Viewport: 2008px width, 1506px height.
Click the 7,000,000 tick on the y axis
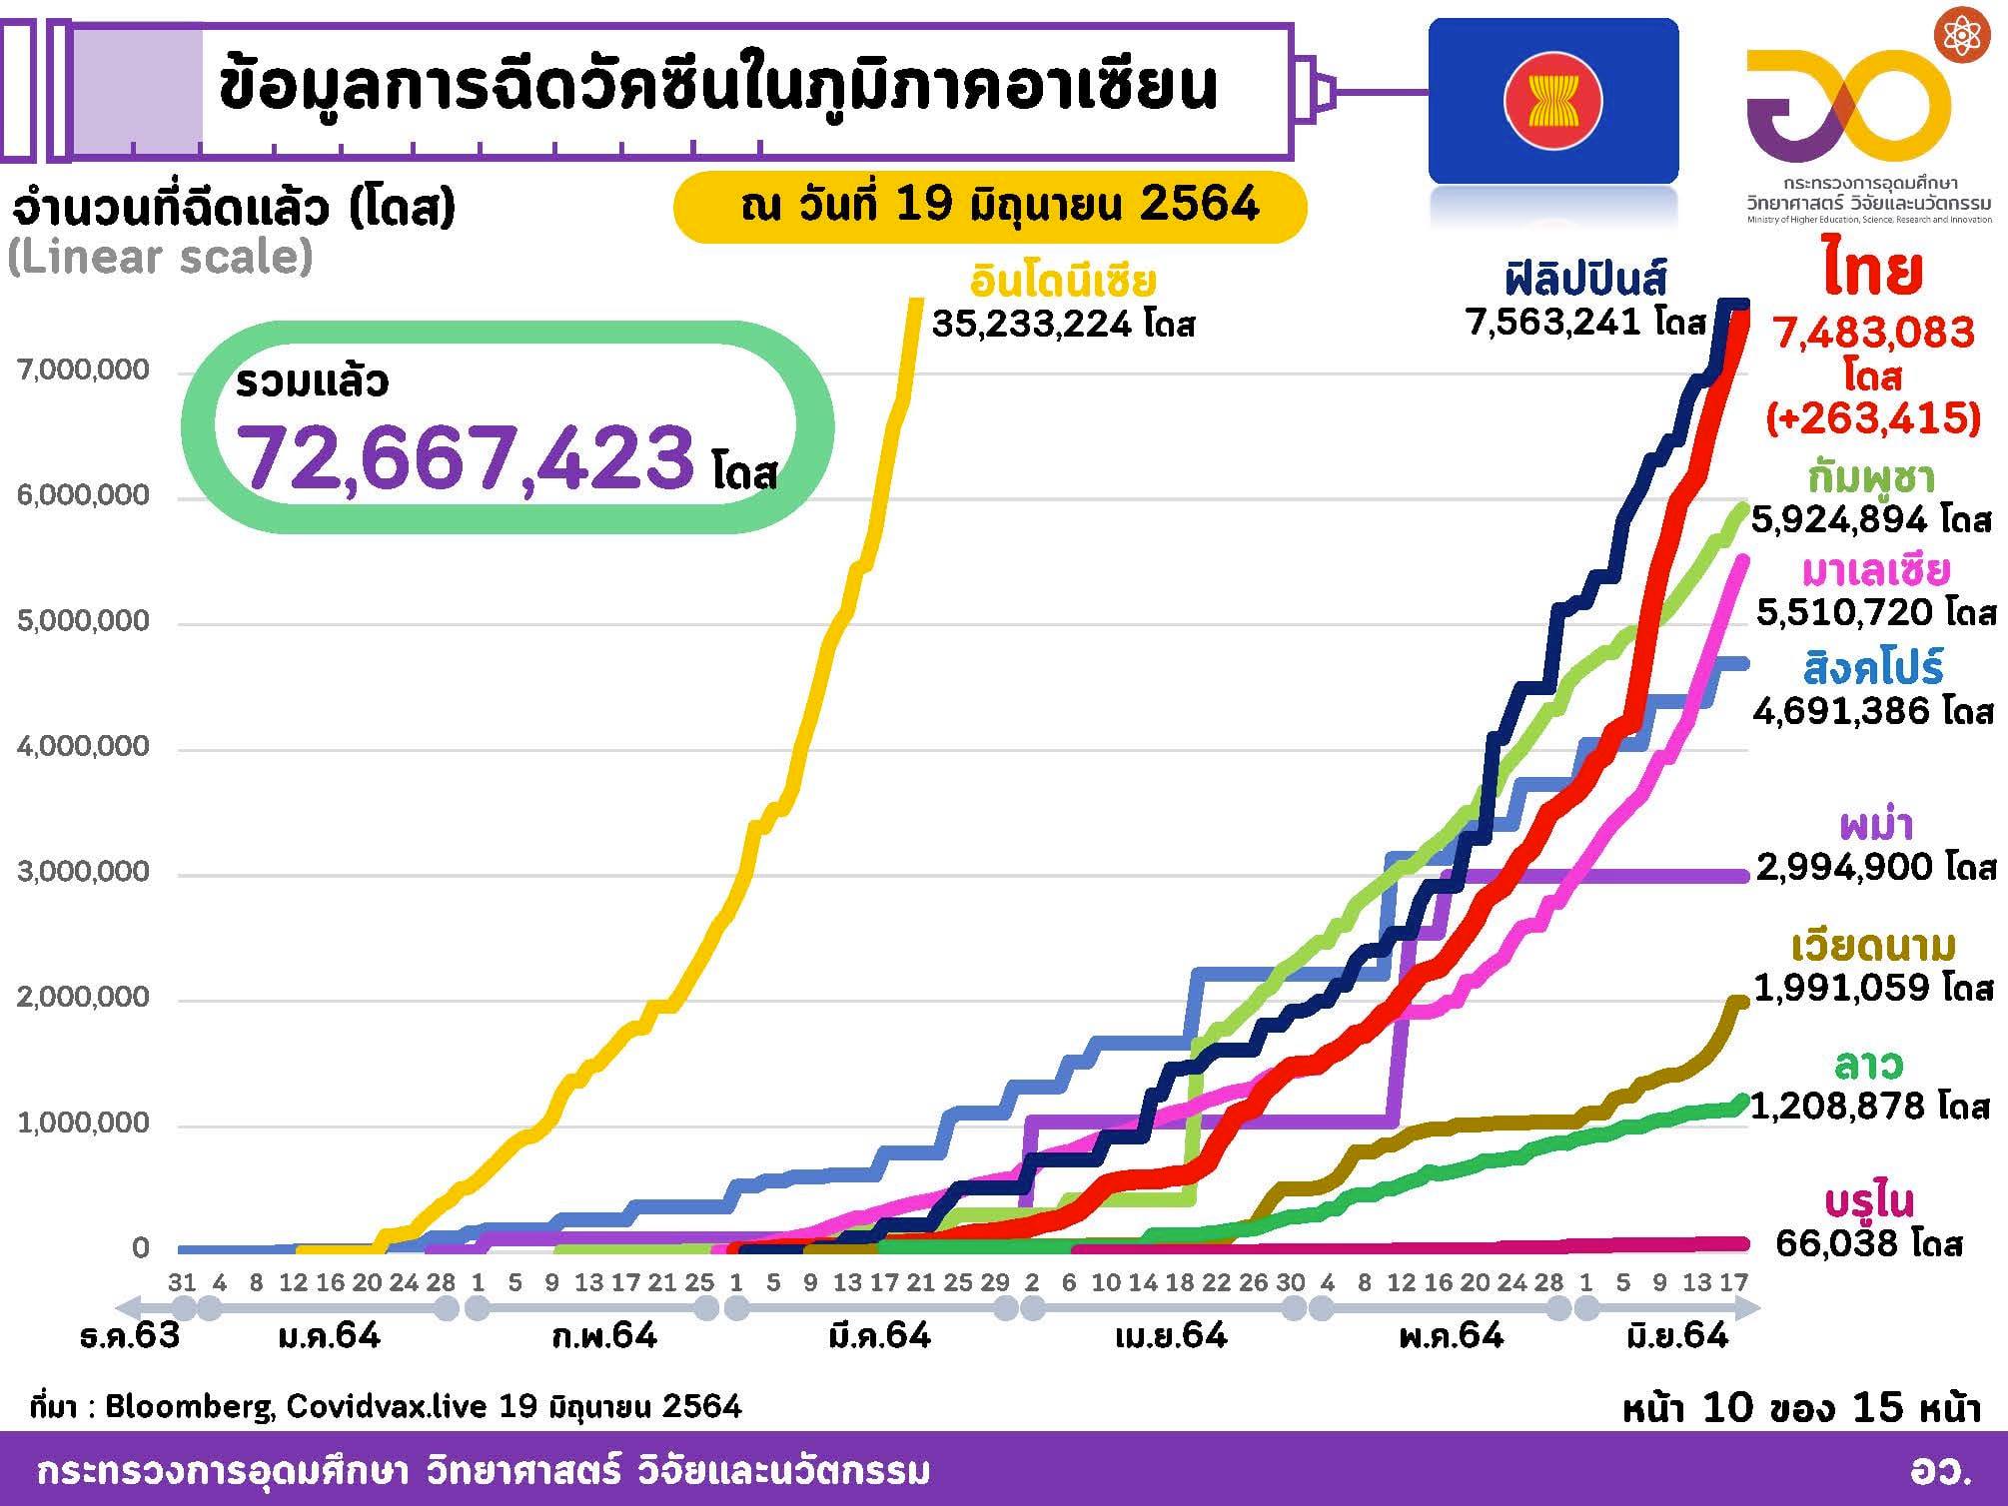[83, 371]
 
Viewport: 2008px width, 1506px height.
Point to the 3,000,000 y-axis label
[83, 872]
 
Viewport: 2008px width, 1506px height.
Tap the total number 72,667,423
[468, 457]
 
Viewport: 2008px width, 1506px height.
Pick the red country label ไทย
[1871, 271]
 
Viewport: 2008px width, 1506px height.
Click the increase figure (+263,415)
[1872, 417]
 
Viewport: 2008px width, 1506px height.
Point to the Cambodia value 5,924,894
[1844, 520]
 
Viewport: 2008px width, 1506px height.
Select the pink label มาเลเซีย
[1875, 569]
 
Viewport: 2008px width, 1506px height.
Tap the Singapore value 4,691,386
[1844, 710]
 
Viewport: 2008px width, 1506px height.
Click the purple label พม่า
[1875, 825]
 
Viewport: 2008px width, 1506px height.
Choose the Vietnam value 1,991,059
[1846, 988]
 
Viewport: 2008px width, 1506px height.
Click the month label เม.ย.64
[1170, 1335]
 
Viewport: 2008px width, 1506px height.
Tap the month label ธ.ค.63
[130, 1335]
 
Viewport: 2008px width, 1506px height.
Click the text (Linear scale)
[160, 258]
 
